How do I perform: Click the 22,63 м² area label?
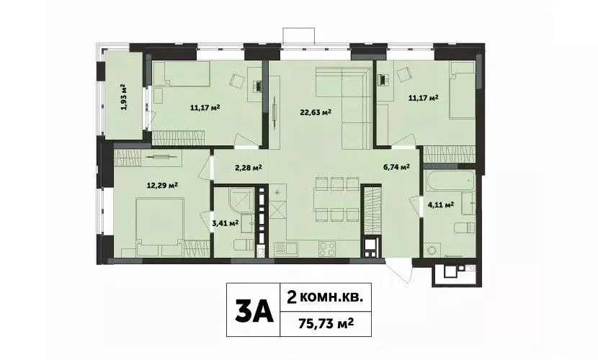point(316,112)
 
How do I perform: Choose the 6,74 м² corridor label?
point(396,167)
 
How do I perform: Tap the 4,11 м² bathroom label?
point(440,205)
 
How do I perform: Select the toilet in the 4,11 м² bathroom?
point(461,230)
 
